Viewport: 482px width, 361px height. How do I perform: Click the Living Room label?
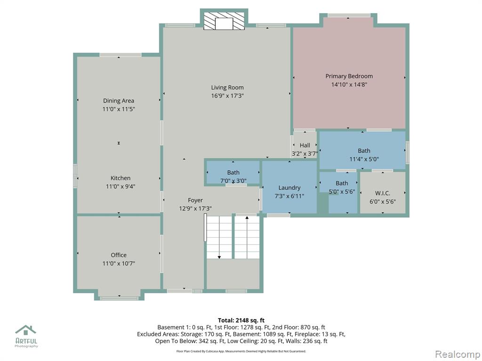pyautogui.click(x=227, y=87)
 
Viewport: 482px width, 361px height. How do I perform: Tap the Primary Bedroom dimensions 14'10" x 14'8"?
pyautogui.click(x=349, y=85)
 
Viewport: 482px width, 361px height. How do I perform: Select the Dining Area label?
pyautogui.click(x=118, y=101)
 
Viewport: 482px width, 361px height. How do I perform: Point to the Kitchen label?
pyautogui.click(x=120, y=178)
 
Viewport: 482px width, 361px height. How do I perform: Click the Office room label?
pyautogui.click(x=119, y=255)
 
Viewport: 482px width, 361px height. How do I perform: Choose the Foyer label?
pyautogui.click(x=195, y=200)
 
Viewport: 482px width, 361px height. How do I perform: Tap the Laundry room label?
pyautogui.click(x=289, y=188)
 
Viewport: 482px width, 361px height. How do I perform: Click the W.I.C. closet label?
pyautogui.click(x=383, y=193)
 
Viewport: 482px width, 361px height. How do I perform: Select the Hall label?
pyautogui.click(x=305, y=145)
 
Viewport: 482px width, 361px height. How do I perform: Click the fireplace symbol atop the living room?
pyautogui.click(x=224, y=21)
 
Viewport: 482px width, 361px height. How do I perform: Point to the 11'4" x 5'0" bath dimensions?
pyautogui.click(x=364, y=159)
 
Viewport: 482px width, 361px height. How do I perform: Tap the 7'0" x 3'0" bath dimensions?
pyautogui.click(x=233, y=181)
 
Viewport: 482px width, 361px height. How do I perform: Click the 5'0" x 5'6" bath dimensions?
pyautogui.click(x=342, y=192)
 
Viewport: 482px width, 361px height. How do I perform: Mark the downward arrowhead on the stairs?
pyautogui.click(x=219, y=257)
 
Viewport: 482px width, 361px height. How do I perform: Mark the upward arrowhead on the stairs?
pyautogui.click(x=247, y=218)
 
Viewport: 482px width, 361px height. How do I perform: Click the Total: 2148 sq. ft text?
pyautogui.click(x=241, y=321)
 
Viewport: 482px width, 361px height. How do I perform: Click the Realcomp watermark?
pyautogui.click(x=458, y=354)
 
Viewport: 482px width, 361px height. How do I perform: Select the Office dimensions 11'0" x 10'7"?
pyautogui.click(x=119, y=263)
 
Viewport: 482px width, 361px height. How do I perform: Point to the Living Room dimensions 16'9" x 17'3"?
pyautogui.click(x=227, y=96)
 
